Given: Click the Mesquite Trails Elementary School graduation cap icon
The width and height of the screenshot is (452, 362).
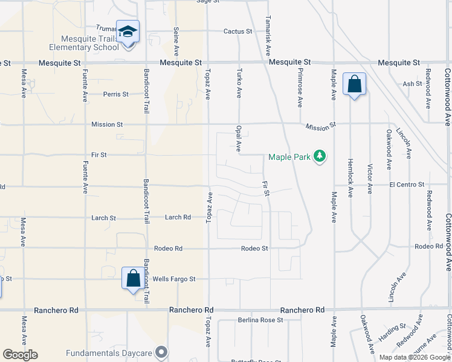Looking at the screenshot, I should [128, 31].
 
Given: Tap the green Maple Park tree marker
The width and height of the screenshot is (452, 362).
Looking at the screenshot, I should [320, 157].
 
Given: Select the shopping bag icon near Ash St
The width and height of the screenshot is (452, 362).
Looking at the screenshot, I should [354, 84].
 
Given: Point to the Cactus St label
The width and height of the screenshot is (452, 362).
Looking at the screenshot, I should [237, 31].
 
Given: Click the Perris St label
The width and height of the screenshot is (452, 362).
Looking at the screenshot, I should [115, 94].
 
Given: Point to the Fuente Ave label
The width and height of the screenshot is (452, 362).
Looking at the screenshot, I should [85, 84].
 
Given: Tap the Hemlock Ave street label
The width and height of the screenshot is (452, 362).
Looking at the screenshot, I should [350, 179].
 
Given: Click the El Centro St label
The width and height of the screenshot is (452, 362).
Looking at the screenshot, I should [407, 184].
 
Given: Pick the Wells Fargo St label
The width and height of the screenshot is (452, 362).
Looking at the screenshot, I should [174, 279].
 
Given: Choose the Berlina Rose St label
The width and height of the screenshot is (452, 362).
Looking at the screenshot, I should [260, 320].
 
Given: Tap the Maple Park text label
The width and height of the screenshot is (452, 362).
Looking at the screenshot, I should [289, 157].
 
